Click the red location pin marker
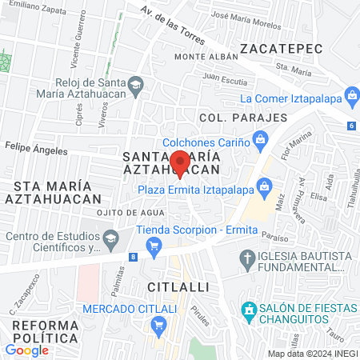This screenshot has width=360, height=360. point(180,163)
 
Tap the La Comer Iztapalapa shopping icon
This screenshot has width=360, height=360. point(350,99)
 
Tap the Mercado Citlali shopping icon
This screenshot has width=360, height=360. point(158,326)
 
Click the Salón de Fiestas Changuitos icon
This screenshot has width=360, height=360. point(249,310)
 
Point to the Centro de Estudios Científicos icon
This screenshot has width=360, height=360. point(109,236)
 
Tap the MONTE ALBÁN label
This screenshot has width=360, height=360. point(206,57)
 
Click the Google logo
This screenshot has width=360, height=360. point(26,350)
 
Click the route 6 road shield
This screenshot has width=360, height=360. point(351,126)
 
